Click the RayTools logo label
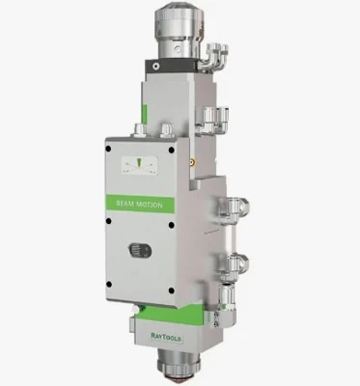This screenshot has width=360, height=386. pyautogui.click(x=166, y=338)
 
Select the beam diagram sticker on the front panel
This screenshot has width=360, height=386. pyautogui.click(x=140, y=166)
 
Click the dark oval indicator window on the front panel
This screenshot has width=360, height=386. pyautogui.click(x=140, y=251)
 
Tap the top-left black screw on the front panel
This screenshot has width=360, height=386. pyautogui.click(x=108, y=149)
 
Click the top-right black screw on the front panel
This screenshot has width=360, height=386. pyautogui.click(x=172, y=150)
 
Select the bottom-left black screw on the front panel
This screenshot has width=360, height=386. pyautogui.click(x=109, y=285)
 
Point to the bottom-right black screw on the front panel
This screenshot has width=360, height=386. pyautogui.click(x=172, y=290)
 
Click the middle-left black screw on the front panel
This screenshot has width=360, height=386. pyautogui.click(x=108, y=221)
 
